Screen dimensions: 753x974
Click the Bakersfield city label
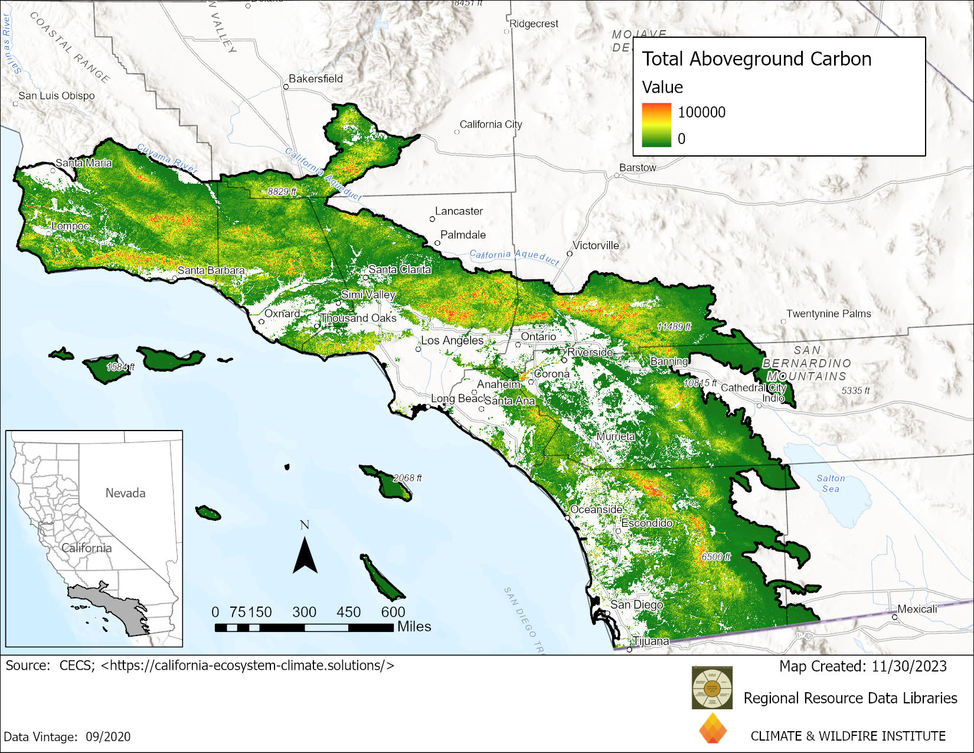pos(315,79)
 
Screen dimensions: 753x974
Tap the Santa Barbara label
pos(211,270)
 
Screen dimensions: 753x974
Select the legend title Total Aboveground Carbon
pos(756,59)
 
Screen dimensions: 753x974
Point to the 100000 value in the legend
pos(701,112)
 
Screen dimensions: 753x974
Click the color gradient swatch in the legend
pos(656,125)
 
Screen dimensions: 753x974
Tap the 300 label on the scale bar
pos(304,612)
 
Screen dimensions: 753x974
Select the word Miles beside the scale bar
pos(414,627)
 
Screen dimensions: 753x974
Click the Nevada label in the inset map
pos(125,493)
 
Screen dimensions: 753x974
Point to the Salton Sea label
pos(831,484)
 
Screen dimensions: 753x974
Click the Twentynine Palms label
pos(828,314)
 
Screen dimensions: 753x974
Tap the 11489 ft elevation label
pos(674,327)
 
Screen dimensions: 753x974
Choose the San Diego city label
pos(636,605)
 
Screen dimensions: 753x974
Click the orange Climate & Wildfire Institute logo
pos(712,728)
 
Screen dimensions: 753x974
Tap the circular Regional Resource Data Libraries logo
pos(712,688)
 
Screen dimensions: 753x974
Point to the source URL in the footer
pos(247,666)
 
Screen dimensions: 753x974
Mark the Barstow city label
pos(638,168)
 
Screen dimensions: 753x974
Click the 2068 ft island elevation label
pos(407,478)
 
